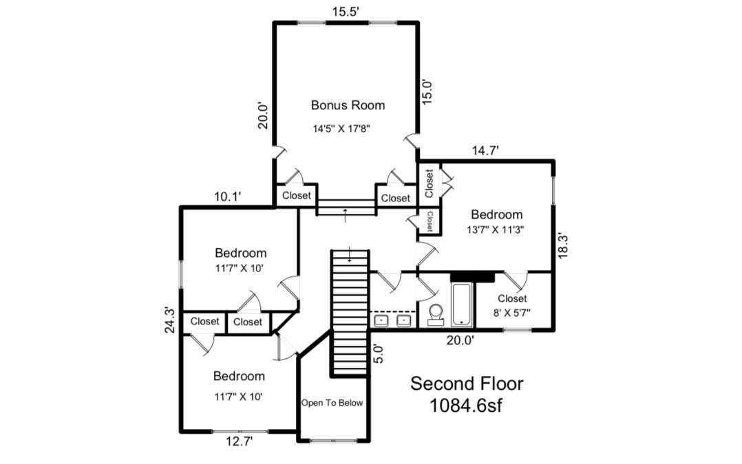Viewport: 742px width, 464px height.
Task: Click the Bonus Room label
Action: (348, 105)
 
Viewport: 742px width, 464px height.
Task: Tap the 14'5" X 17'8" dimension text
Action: (341, 128)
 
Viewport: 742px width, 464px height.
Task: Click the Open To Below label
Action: (332, 403)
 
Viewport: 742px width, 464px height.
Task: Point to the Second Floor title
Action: (467, 383)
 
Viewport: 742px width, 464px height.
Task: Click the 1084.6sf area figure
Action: (466, 405)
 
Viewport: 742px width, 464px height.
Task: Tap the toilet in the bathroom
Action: (436, 313)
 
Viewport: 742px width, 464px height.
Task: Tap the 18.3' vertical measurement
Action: (563, 244)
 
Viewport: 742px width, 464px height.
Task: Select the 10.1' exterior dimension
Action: (227, 197)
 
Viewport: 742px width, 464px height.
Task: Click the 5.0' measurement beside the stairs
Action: (375, 354)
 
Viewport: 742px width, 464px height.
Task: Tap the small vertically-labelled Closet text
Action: (430, 221)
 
